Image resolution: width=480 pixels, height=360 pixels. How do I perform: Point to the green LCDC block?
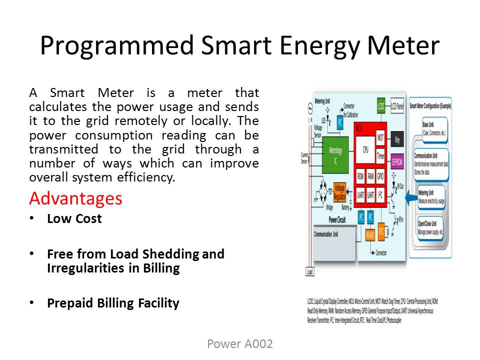point(381,105)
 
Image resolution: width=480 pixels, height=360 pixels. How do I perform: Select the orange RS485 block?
point(370,234)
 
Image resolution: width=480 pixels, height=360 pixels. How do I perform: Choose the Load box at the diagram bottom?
point(309,272)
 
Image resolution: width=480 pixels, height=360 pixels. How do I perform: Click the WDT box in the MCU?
point(380,136)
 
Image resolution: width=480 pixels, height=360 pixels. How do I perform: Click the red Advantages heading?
point(75,198)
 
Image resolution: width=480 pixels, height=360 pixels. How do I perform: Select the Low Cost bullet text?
point(74,219)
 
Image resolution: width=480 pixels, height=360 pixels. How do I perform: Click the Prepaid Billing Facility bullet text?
point(113,303)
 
